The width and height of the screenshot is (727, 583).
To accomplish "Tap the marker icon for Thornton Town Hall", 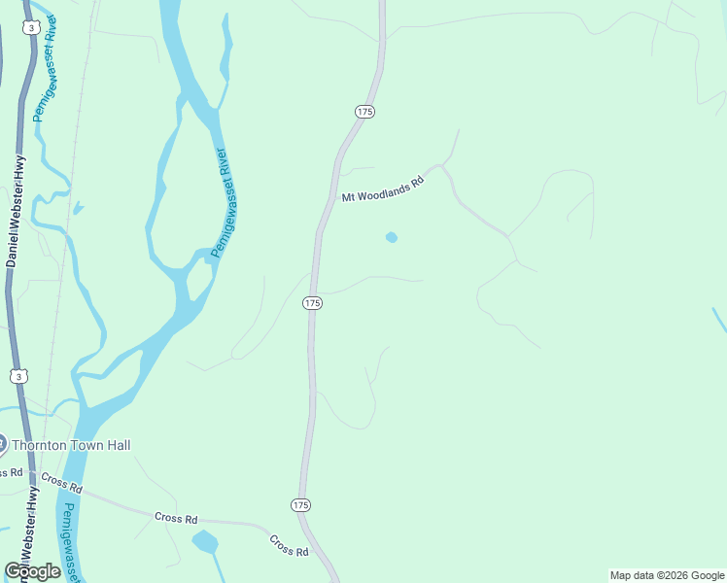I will pos(2,445).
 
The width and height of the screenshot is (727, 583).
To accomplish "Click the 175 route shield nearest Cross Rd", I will pos(300,505).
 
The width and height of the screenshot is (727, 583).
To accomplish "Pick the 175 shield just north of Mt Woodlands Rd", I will pos(364,113).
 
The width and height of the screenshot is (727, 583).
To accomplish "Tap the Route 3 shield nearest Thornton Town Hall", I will pos(18,375).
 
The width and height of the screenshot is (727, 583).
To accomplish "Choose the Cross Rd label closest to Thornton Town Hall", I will pos(61,481).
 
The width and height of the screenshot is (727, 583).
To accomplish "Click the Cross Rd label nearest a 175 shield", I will pos(289,545).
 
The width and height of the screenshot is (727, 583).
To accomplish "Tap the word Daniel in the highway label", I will pos(13,247).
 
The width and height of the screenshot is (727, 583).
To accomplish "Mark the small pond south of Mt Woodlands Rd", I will pos(391,237).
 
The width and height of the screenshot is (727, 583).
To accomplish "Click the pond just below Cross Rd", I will pos(205,541).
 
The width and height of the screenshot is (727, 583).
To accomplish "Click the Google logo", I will pos(32,571).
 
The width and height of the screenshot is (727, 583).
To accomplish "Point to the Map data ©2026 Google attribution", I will pos(666,575).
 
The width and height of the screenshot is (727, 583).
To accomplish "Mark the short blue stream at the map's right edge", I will pos(719,320).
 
